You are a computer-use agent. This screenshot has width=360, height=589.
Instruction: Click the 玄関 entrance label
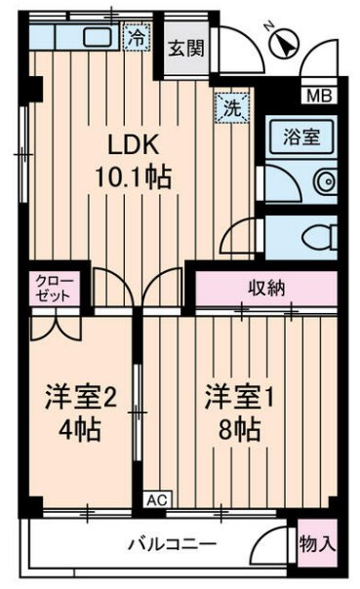[x=187, y=51]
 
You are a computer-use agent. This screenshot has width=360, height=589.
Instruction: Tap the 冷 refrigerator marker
[x=138, y=39]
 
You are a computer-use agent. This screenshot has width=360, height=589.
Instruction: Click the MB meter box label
[x=318, y=96]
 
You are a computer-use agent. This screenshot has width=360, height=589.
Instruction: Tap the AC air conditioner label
[x=156, y=498]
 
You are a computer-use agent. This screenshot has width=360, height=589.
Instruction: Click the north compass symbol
[x=284, y=41]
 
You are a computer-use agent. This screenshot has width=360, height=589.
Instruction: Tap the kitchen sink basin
[x=97, y=38]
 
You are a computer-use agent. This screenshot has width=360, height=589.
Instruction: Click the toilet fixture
[x=315, y=235]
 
